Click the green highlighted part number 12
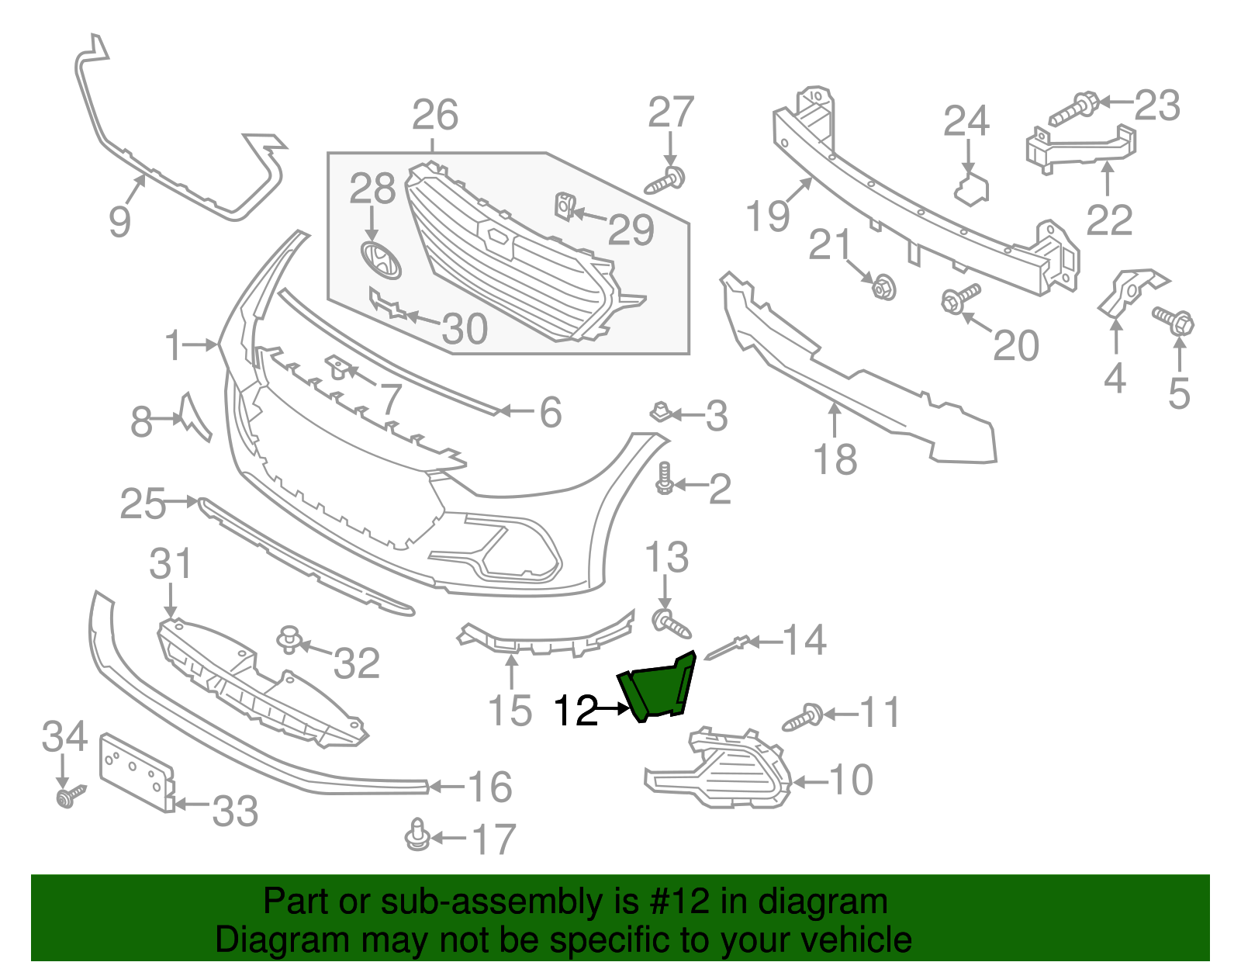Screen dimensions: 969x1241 click(656, 687)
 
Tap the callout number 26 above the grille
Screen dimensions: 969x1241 click(435, 116)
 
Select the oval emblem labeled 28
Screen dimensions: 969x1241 click(381, 260)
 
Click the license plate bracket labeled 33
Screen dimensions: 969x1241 click(137, 773)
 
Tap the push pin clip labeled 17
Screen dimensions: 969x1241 click(417, 835)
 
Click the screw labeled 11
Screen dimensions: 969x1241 click(804, 716)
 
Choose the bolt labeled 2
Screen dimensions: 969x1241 click(664, 478)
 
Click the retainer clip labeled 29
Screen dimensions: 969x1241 click(564, 206)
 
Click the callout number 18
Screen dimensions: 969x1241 click(835, 459)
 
